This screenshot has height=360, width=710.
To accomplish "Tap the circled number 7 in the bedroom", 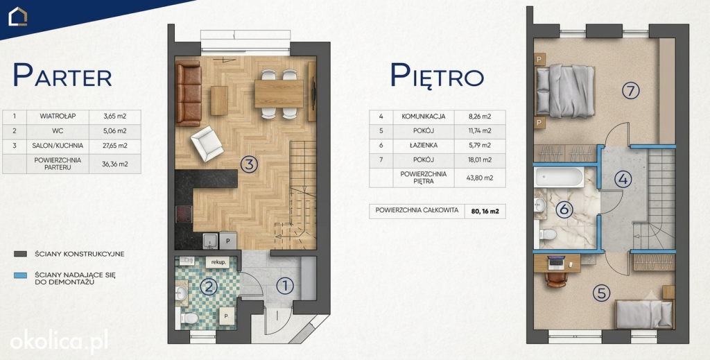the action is [x=630, y=91].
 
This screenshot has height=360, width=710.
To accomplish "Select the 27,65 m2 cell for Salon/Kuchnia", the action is [x=114, y=146].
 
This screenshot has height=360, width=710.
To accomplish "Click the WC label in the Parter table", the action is [x=58, y=131].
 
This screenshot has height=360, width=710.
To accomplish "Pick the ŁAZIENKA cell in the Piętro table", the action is [x=424, y=146].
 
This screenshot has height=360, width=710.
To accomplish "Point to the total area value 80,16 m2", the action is [x=485, y=211].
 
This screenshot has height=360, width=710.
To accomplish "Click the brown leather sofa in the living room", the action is [x=189, y=93].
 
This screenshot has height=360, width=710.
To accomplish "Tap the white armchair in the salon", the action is [x=207, y=144].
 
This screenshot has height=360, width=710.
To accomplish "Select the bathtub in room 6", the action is [x=559, y=178].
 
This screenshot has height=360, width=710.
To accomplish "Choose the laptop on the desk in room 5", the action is [x=557, y=262].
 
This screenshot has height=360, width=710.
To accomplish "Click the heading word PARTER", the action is [x=62, y=75].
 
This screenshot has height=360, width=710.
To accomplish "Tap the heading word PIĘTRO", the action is [x=437, y=75].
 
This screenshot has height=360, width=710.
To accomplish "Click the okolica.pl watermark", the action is [x=59, y=341].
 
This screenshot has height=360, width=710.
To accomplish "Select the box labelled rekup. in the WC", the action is [x=218, y=262].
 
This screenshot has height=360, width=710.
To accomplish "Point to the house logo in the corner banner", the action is [x=18, y=17].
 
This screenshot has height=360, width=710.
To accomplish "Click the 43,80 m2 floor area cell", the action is [x=480, y=178].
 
